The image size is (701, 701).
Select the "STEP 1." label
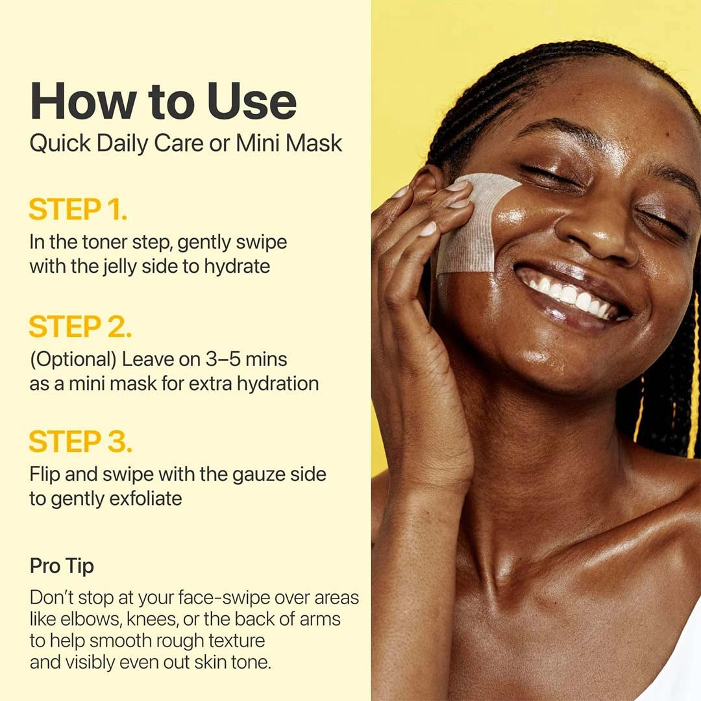click(x=78, y=210)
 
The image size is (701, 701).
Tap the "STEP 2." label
click(x=80, y=327)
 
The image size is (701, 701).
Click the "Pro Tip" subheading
click(x=62, y=566)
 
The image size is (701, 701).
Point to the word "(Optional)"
click(x=73, y=359)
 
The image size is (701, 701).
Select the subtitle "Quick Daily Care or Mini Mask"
click(x=186, y=143)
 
